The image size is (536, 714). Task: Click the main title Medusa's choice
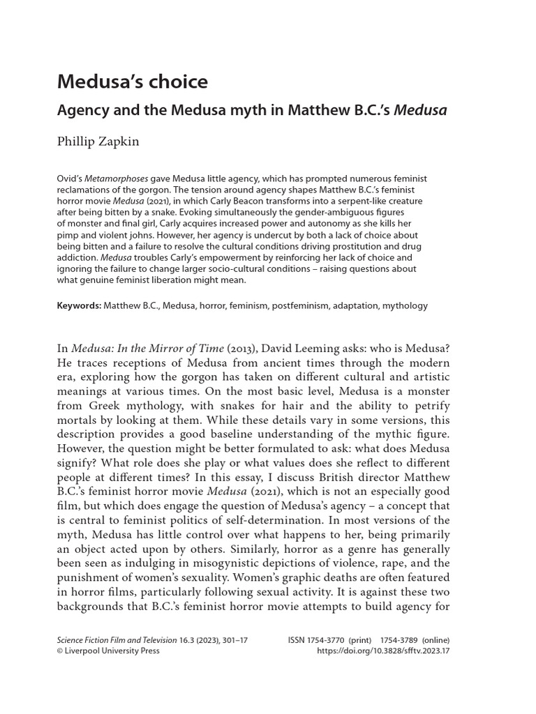pyautogui.click(x=133, y=82)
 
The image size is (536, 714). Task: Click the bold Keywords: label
pyautogui.click(x=79, y=305)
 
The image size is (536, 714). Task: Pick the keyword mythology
pyautogui.click(x=403, y=305)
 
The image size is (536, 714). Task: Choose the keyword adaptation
pyautogui.click(x=355, y=305)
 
